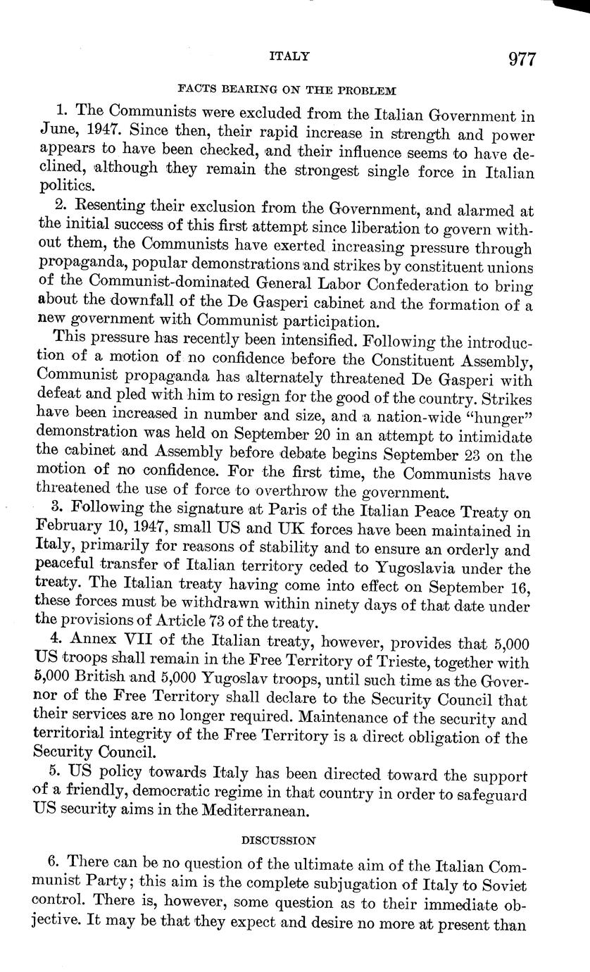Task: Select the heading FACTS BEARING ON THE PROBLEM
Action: click(x=287, y=90)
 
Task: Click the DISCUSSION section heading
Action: click(x=278, y=840)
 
